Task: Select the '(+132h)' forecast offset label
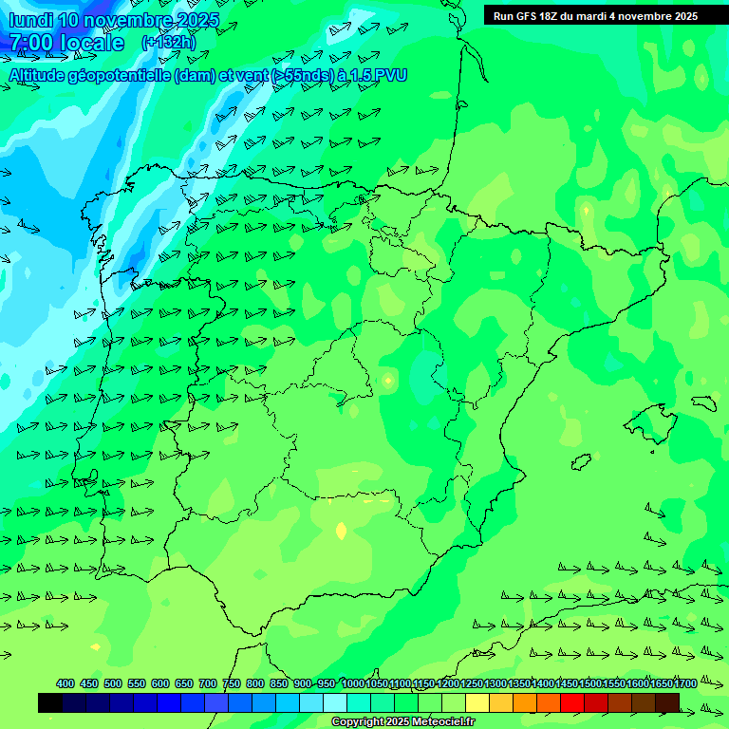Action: tap(168, 42)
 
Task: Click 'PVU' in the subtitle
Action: tap(388, 75)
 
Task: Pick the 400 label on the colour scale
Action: tap(65, 683)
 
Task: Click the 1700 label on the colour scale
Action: tap(661, 683)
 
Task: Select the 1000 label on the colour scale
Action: tap(352, 683)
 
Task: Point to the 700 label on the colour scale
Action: tap(208, 683)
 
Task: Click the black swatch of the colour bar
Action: tap(50, 702)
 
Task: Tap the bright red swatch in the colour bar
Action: tap(572, 702)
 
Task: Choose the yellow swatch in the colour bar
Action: tap(477, 702)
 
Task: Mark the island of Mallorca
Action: tap(650, 421)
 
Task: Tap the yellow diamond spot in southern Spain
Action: tap(341, 532)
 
